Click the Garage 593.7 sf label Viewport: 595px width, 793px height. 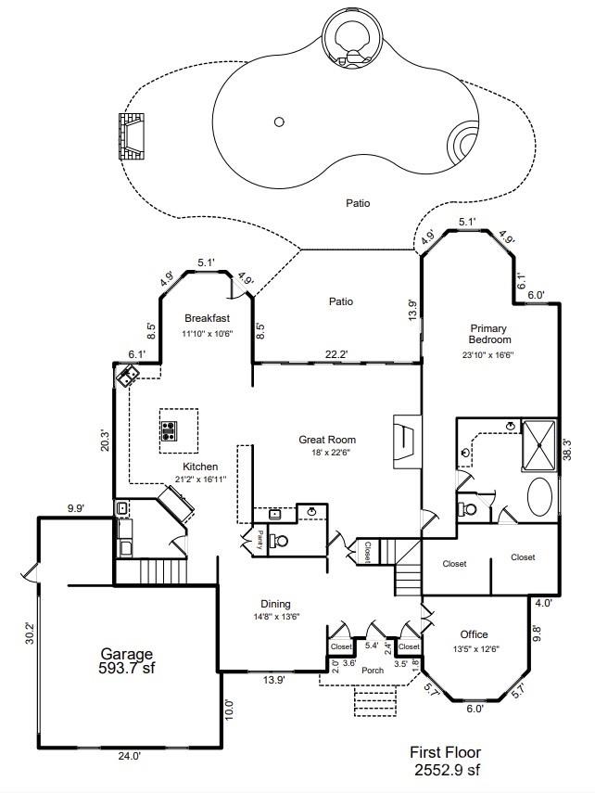(x=127, y=661)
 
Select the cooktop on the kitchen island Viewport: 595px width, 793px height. (x=170, y=429)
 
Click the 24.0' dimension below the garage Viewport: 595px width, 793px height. (x=129, y=756)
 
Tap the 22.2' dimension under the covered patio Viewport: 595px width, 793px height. (x=335, y=354)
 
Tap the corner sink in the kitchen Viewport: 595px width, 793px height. (x=127, y=375)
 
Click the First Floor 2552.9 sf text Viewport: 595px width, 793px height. (x=446, y=761)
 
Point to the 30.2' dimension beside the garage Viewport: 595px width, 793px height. (x=29, y=633)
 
